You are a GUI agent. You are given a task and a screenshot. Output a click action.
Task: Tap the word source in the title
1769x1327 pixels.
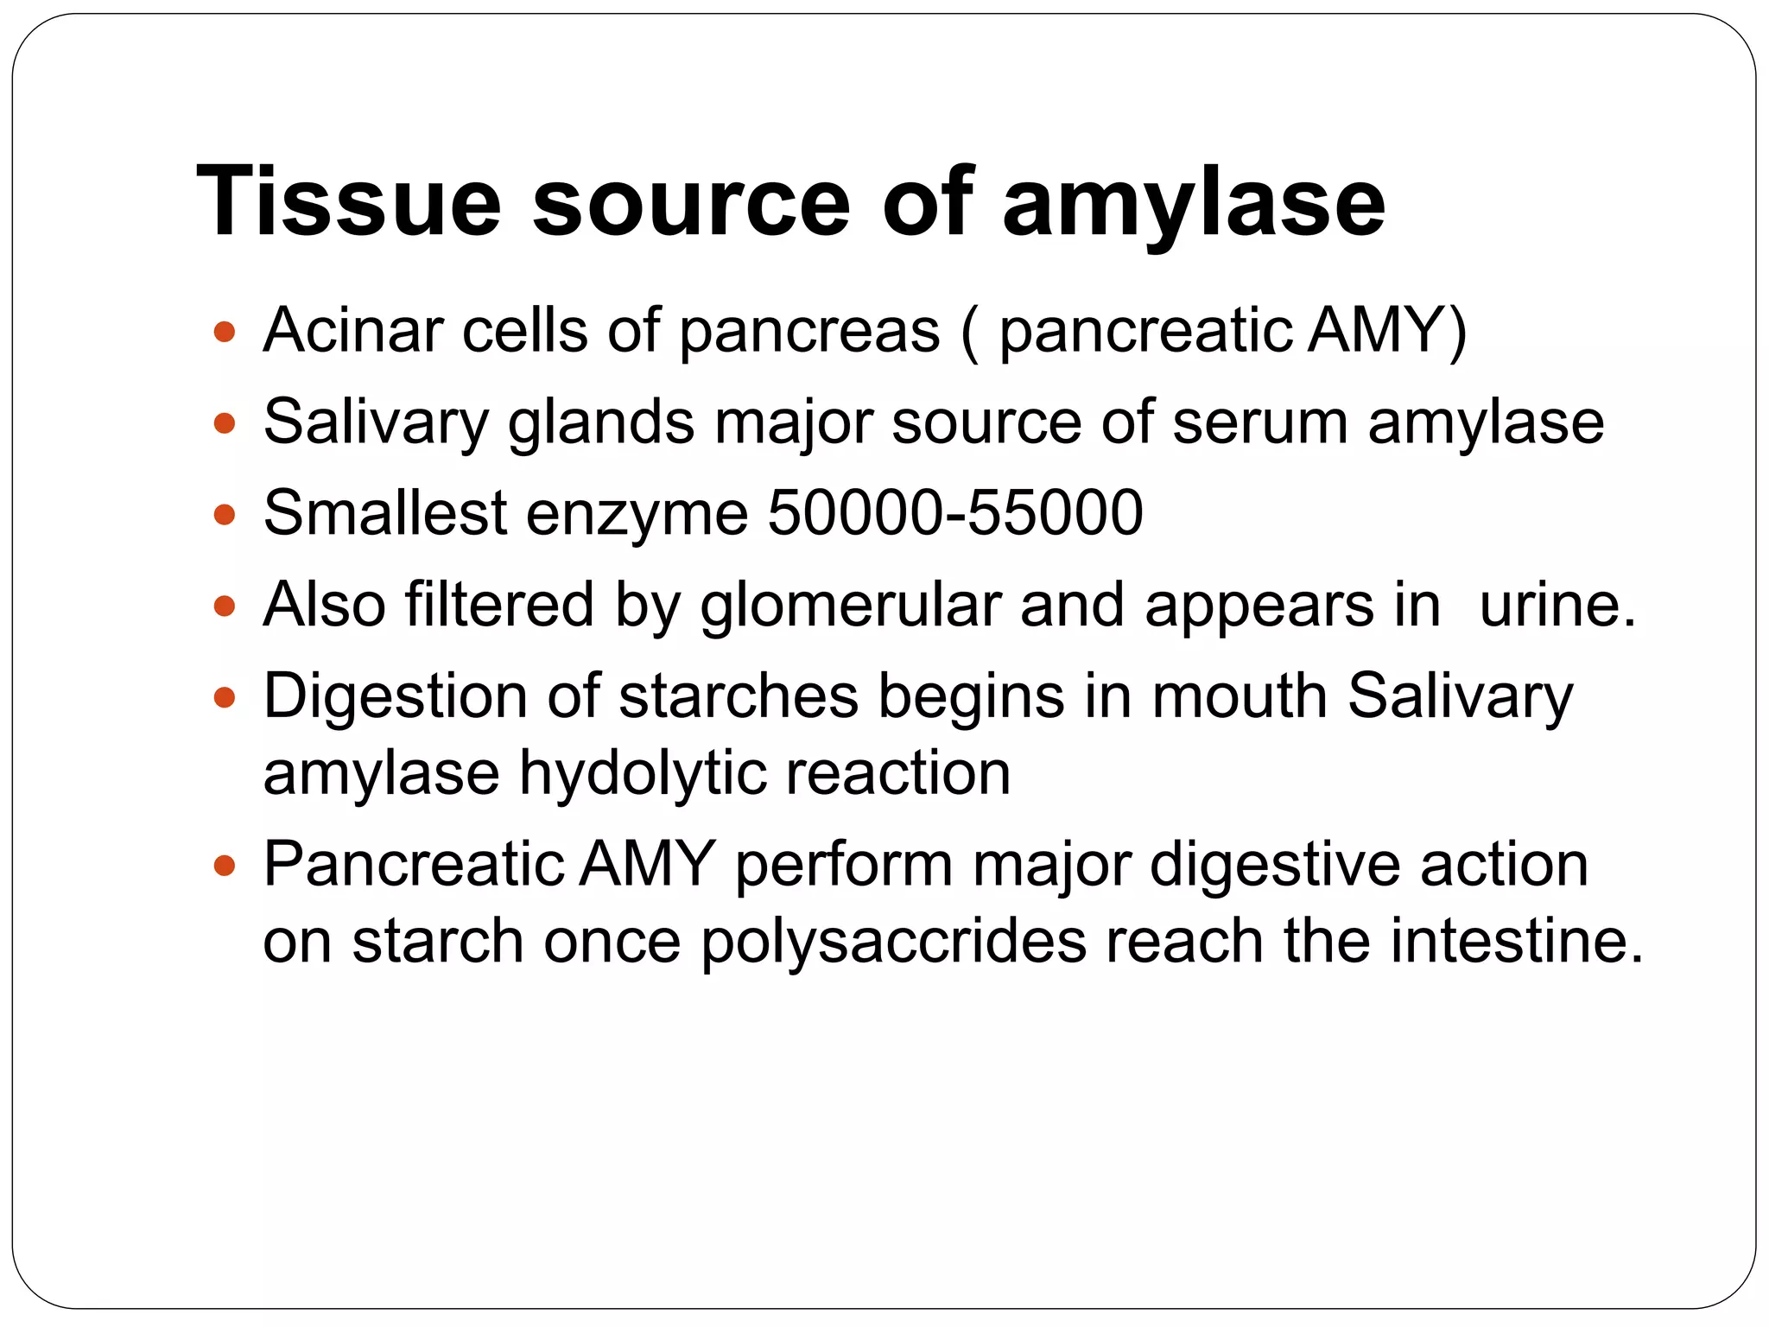pos(691,203)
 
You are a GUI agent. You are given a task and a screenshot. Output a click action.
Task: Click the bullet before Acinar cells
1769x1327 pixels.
pos(225,332)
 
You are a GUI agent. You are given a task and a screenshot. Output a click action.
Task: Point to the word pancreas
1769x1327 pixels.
pos(809,332)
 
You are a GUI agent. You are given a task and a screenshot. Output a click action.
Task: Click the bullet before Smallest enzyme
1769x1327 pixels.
pos(225,515)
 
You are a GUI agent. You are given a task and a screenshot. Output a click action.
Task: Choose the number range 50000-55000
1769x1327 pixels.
pos(955,512)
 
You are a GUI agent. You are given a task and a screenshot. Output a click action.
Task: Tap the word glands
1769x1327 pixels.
pos(601,423)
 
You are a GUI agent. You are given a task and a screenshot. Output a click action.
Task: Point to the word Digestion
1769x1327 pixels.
pos(395,696)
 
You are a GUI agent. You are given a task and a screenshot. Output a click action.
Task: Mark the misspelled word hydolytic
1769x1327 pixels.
pos(642,773)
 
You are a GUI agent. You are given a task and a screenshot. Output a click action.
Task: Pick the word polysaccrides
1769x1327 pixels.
pos(893,942)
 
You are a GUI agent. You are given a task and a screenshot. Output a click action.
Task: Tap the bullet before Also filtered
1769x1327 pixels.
pos(225,606)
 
